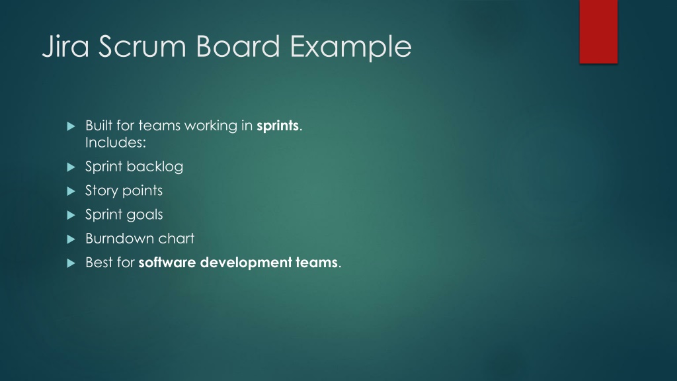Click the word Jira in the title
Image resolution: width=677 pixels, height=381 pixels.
(x=65, y=47)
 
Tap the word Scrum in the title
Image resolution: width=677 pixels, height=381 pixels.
(x=142, y=46)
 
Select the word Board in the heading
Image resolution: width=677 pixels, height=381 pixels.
(x=238, y=46)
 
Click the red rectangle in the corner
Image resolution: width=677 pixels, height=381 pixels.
(x=598, y=32)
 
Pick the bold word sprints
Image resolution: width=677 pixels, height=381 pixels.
(x=278, y=126)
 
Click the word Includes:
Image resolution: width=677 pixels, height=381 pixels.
(x=116, y=143)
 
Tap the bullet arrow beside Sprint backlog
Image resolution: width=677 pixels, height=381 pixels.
(x=71, y=167)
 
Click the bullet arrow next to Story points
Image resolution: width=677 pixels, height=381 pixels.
(x=71, y=191)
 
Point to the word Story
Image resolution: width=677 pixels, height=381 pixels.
(x=101, y=191)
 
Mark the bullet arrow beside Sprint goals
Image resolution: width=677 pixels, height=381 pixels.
(x=71, y=215)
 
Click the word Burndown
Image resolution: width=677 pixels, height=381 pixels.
(x=118, y=238)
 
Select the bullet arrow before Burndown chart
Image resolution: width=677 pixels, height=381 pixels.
(x=71, y=239)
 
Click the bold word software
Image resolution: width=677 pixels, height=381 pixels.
(x=167, y=263)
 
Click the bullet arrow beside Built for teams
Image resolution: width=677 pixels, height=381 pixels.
(x=71, y=126)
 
